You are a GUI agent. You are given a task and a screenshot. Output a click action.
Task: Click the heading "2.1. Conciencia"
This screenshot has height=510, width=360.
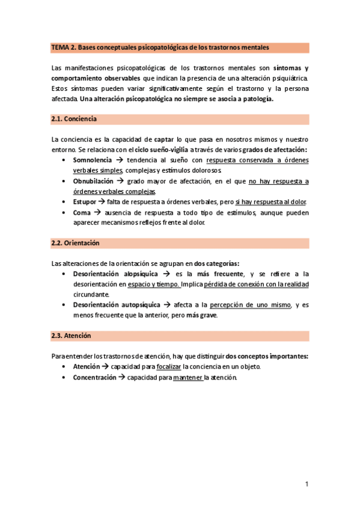tap(75, 118)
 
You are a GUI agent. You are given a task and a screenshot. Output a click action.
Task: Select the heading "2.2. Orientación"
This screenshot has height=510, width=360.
tap(76, 243)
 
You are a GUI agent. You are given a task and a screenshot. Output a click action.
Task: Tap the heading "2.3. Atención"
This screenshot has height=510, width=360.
tap(72, 335)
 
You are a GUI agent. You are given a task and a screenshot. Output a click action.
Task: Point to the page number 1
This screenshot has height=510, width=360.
tap(307, 484)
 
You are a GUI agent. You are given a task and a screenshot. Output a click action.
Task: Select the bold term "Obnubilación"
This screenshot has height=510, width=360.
tap(93, 181)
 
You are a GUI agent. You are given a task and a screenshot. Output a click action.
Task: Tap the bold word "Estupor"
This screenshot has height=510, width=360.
tap(84, 201)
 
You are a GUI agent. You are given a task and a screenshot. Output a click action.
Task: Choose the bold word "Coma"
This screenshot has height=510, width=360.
tap(81, 212)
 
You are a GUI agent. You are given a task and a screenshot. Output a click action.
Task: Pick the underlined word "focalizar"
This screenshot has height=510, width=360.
tap(168, 367)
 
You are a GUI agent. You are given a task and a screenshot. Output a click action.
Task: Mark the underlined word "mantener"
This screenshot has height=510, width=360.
tap(188, 378)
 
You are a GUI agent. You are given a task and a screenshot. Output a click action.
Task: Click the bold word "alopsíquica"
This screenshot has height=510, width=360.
tap(134, 274)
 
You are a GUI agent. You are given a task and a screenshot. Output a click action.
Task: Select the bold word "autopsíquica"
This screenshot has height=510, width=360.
tap(136, 305)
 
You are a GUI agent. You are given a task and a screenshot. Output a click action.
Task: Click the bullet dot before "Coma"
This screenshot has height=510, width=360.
tap(64, 213)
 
